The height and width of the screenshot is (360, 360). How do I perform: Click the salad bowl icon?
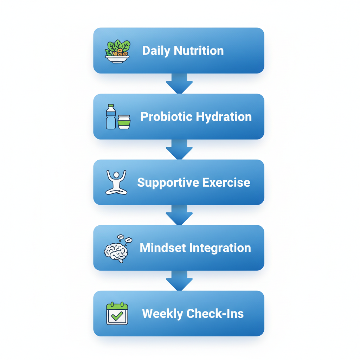pos(117,52)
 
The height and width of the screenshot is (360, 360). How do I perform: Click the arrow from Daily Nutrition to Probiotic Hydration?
pos(179,84)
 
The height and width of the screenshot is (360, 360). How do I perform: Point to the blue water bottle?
pos(111,117)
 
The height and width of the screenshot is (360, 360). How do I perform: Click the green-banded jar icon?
pos(124,122)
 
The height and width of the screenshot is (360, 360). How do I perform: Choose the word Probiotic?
pos(167,117)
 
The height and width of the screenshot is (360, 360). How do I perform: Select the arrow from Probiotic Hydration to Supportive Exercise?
pos(179,149)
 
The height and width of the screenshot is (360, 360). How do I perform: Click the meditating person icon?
pos(116,182)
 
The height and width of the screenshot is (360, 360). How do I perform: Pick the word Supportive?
pos(163,182)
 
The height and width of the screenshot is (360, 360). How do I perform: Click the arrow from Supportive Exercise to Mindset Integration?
pos(179,215)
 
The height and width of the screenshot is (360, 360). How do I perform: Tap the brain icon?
pos(116,250)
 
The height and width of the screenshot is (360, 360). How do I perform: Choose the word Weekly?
pos(162,314)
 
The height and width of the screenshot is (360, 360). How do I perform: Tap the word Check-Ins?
pos(215,314)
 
